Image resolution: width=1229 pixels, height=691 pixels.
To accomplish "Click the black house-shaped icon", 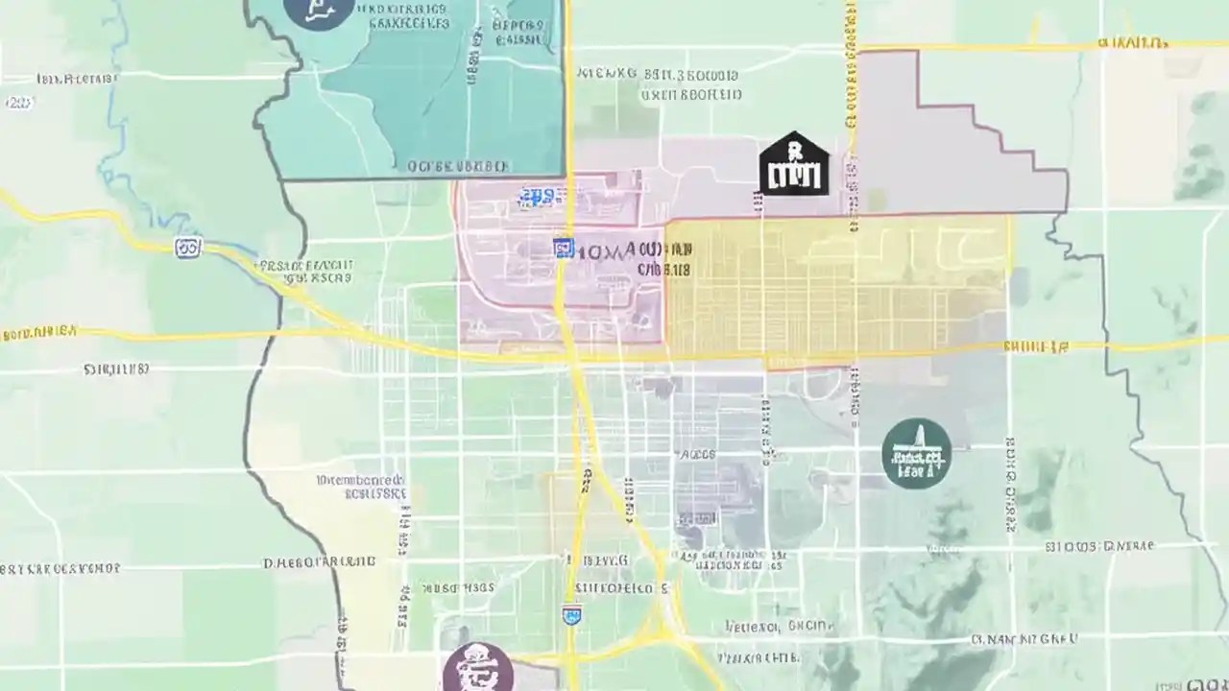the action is pos(794,165).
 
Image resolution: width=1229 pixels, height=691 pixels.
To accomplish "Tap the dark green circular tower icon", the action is pos(916,453).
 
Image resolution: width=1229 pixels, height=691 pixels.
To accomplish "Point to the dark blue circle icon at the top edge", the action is pos(318,12).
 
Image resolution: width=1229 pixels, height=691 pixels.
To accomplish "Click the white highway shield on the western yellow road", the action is pos(189,248).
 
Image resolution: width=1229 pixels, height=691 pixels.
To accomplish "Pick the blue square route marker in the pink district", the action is pos(564,249).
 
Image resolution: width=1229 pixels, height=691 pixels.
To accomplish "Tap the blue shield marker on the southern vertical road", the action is pos(571,614).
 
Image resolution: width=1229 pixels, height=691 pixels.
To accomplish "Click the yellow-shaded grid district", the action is pos(835,288).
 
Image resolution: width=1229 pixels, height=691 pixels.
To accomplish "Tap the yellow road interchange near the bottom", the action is pos(663,629).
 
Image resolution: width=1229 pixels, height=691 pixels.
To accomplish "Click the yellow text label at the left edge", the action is pos(38,333).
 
